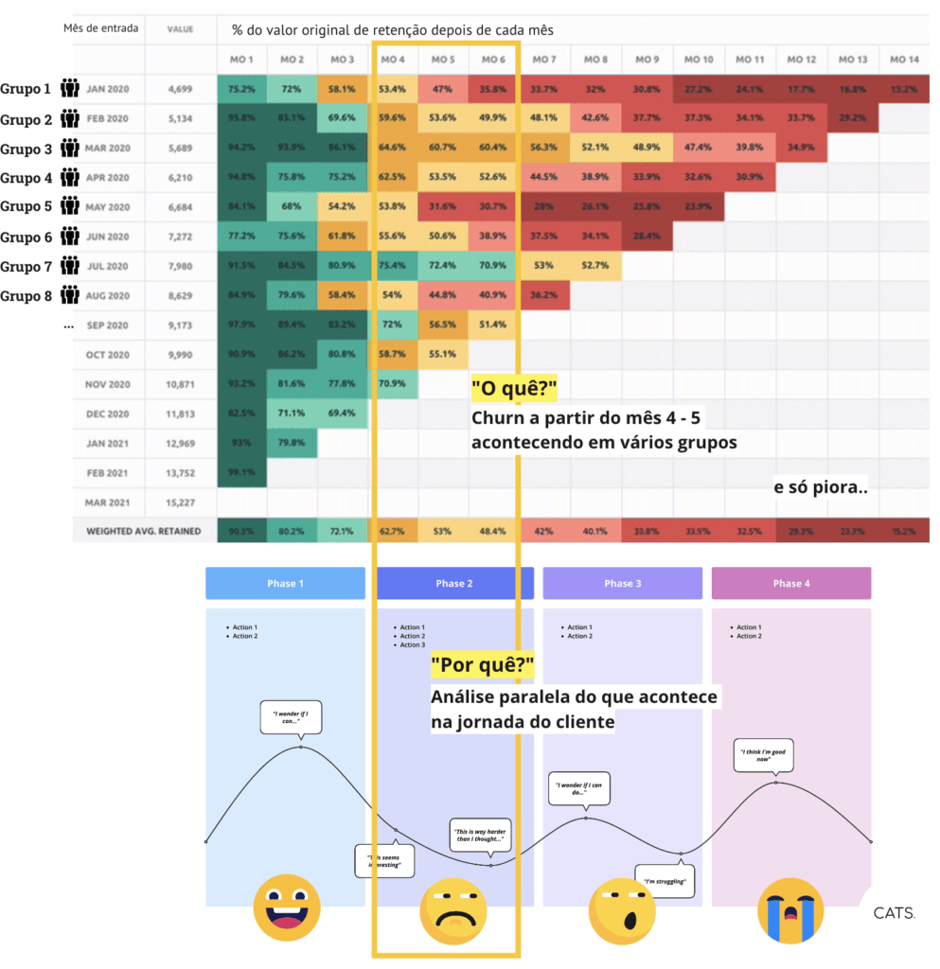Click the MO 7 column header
[x=543, y=60]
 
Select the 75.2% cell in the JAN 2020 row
[x=241, y=90]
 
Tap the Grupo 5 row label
[x=27, y=207]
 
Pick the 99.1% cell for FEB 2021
[x=241, y=471]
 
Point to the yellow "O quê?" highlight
[x=512, y=388]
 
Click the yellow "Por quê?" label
[x=482, y=667]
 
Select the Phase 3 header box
[x=622, y=583]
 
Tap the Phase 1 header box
[x=285, y=583]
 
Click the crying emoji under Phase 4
[x=789, y=909]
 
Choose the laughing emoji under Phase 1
[x=286, y=907]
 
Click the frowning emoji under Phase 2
[x=453, y=909]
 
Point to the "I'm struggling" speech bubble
[x=665, y=881]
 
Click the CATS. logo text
[x=894, y=913]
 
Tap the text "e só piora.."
[x=821, y=488]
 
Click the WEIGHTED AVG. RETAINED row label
[x=144, y=531]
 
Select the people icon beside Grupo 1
[x=70, y=89]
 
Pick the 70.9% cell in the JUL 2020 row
[x=491, y=266]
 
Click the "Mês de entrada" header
[x=100, y=28]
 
